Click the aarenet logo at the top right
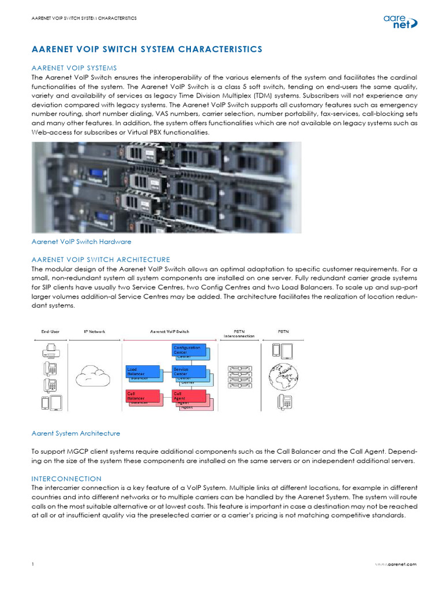click(399, 22)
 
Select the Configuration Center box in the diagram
click(188, 350)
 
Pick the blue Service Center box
click(188, 372)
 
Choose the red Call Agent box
click(188, 396)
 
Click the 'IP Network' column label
click(93, 332)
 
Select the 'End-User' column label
click(51, 332)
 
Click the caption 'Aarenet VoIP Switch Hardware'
click(81, 241)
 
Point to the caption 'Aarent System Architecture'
click(76, 433)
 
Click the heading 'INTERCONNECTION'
click(66, 479)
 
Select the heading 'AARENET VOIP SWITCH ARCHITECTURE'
click(100, 260)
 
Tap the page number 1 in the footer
click(33, 564)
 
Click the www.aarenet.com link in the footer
click(395, 564)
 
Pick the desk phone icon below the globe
click(284, 402)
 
